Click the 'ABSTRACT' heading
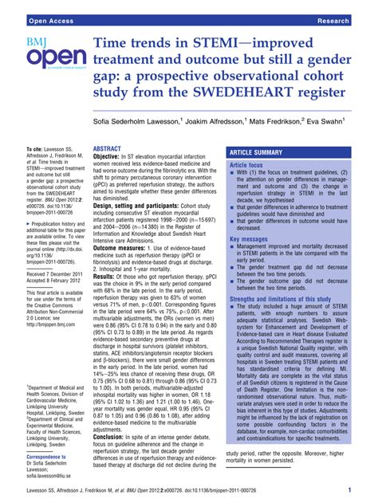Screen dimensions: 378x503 [107, 148]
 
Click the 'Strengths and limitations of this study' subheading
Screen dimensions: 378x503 [287, 299]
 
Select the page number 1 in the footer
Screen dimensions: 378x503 [360, 489]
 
